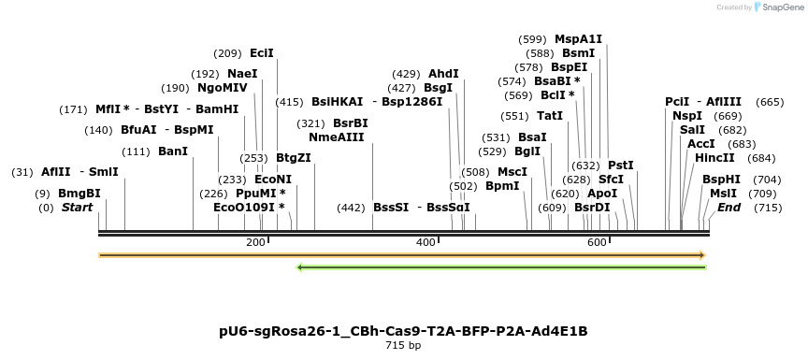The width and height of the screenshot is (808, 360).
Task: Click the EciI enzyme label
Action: [262, 53]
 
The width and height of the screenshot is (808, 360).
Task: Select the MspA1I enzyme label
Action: [579, 39]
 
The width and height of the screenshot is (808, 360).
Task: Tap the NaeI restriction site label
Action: [242, 74]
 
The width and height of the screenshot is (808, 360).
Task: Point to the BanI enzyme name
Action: [173, 151]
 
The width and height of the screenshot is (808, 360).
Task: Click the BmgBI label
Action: [79, 194]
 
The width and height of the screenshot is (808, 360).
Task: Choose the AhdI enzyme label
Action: [443, 74]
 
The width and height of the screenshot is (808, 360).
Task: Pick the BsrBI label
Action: [351, 123]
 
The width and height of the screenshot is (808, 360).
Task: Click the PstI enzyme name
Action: [621, 166]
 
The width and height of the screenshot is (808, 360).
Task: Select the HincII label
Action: [714, 158]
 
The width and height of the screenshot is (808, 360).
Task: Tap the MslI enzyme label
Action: [723, 194]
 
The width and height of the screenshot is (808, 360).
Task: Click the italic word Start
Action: [78, 208]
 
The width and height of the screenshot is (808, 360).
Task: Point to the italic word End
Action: [729, 208]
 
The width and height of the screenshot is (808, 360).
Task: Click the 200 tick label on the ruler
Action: [255, 243]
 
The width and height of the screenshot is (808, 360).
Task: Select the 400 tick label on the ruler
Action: [426, 243]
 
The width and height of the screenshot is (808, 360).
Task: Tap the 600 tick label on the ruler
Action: [598, 243]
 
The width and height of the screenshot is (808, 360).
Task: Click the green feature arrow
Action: [501, 267]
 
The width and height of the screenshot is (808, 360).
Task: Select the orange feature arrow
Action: [402, 254]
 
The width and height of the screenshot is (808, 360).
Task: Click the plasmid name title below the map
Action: [403, 331]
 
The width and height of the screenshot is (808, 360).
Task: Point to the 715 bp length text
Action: [403, 346]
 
